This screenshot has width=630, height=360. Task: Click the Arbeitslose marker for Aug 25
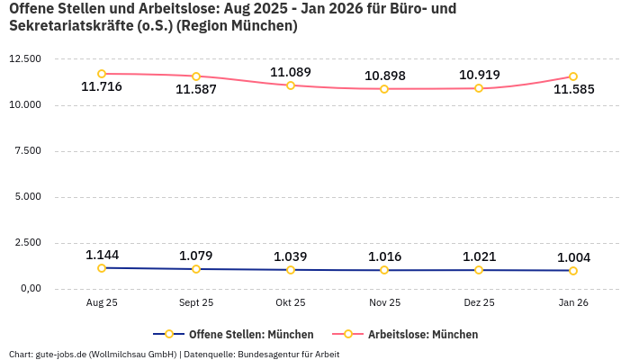click(x=102, y=74)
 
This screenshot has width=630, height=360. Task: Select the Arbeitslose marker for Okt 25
click(x=291, y=85)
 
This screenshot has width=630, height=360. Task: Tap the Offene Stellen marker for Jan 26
click(x=573, y=271)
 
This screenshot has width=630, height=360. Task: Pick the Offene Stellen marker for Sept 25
click(x=196, y=269)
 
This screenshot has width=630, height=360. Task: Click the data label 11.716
click(x=102, y=87)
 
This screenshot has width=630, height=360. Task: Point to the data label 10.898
click(x=384, y=75)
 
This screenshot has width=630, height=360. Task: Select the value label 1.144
click(x=102, y=255)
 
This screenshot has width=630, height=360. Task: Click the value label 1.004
click(x=573, y=257)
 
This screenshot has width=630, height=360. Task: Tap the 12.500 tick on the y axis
click(x=25, y=59)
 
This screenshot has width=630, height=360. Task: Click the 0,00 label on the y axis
click(x=30, y=289)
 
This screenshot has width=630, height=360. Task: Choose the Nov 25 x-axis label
click(x=384, y=303)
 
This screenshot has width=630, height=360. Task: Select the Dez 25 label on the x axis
click(x=479, y=303)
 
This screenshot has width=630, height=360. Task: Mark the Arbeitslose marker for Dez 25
click(x=479, y=88)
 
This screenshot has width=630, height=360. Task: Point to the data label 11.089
click(x=291, y=72)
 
